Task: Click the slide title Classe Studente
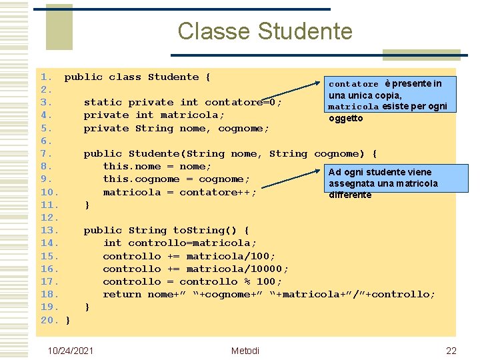(265, 31)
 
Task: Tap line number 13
(50, 231)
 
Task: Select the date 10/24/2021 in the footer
(71, 351)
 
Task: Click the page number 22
(451, 351)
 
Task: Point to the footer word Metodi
(245, 351)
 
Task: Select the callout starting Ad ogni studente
(383, 183)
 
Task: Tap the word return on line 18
(122, 294)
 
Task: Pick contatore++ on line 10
(225, 192)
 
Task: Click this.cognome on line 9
(141, 179)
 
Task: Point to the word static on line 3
(103, 103)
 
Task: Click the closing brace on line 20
(68, 321)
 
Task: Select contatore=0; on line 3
(243, 103)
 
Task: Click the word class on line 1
(125, 77)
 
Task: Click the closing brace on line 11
(87, 205)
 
